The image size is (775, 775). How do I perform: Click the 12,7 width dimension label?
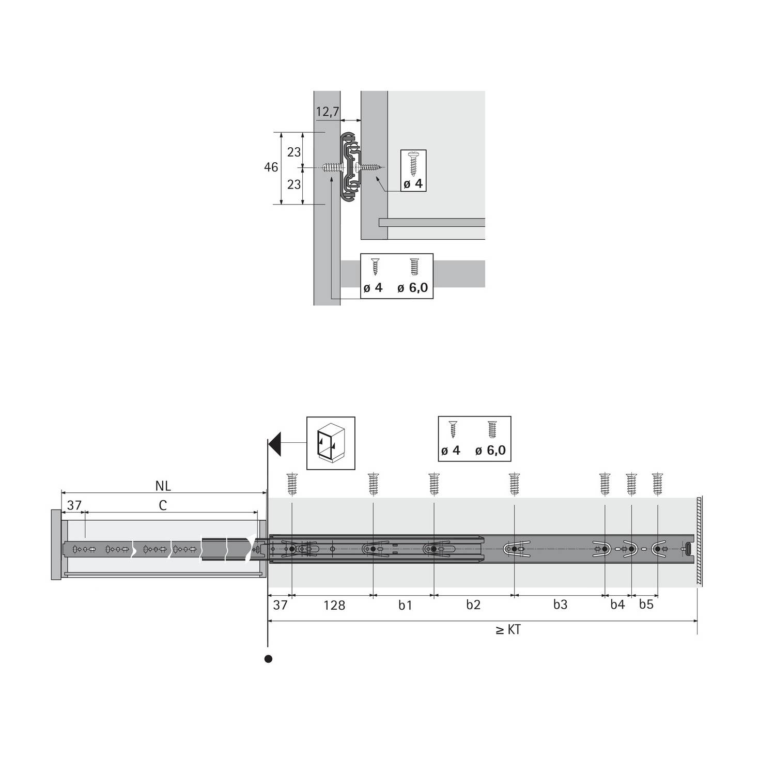point(328,112)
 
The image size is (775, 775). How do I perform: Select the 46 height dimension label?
point(271,167)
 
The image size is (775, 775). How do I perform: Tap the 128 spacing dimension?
point(334,605)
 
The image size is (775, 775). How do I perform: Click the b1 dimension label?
point(405,605)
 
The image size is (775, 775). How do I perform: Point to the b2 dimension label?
point(473,605)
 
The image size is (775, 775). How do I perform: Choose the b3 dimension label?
point(560,605)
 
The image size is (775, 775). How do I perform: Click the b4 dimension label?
point(617,605)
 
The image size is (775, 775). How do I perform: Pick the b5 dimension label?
point(646,605)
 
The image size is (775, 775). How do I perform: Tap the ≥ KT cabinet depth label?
point(508,630)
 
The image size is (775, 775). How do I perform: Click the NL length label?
point(163,486)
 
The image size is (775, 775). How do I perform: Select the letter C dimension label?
point(163,505)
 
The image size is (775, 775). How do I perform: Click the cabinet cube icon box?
point(331,443)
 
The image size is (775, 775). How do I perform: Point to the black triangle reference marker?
point(275,444)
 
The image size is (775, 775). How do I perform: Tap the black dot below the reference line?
point(268,659)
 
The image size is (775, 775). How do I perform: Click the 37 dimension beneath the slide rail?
point(280,605)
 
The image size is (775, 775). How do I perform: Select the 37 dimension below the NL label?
point(74,505)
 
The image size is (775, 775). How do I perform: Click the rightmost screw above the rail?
point(657,484)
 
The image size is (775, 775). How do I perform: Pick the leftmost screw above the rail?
point(292,484)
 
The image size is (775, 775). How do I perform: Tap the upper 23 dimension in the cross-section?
point(294,152)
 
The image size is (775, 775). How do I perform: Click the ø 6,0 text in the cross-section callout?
point(412,288)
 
